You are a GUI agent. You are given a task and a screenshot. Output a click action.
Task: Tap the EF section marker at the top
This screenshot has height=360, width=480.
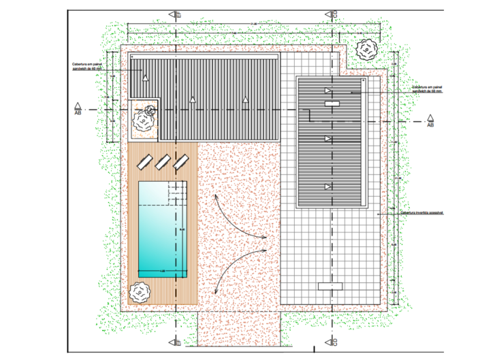(176, 14)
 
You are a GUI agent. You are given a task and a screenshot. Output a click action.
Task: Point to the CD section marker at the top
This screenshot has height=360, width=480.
(334, 14)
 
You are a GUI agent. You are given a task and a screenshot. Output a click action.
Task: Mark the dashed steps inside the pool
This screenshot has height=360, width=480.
(178, 198)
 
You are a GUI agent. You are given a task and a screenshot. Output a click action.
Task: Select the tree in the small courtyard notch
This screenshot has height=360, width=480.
(145, 119)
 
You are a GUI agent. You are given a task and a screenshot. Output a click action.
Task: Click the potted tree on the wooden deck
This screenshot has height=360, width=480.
(140, 292)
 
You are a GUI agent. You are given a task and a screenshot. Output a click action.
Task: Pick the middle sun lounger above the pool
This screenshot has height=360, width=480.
(163, 162)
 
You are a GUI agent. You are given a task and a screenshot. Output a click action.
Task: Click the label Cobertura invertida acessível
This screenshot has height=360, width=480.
(422, 212)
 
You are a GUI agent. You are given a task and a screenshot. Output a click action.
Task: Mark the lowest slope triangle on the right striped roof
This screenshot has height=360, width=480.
(328, 186)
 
